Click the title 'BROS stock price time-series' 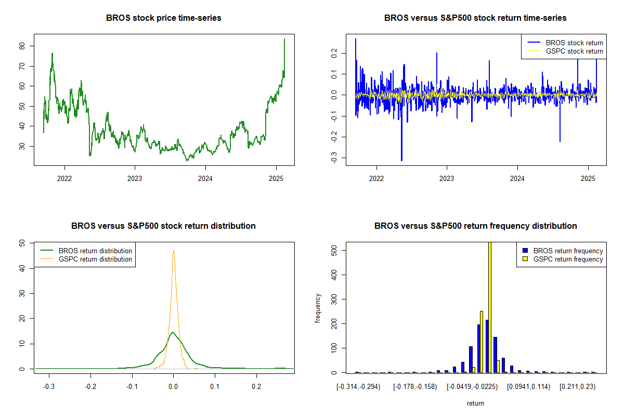click(163, 18)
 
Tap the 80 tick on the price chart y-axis click(22, 46)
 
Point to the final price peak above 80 click(284, 40)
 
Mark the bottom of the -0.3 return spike click(401, 160)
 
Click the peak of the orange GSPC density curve click(173, 251)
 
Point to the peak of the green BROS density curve click(173, 332)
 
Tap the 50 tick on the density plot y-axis click(22, 243)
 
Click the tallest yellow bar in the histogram click(489, 307)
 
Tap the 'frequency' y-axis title click(318, 308)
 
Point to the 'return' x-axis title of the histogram click(475, 403)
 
